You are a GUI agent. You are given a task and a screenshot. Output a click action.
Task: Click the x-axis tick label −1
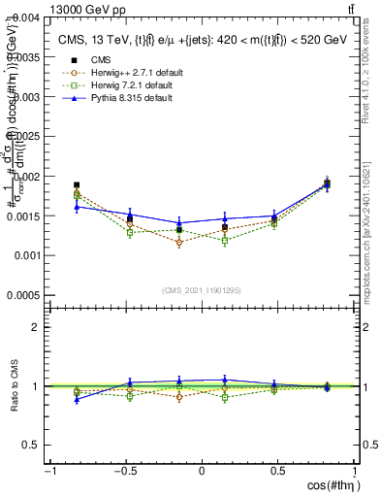pyautogui.click(x=48, y=472)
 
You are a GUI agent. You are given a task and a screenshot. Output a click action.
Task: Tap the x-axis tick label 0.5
pyautogui.click(x=278, y=472)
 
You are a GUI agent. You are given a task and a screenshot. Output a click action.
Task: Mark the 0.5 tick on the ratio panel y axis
pyautogui.click(x=33, y=445)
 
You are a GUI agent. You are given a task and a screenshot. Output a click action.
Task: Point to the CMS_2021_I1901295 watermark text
pyautogui.click(x=202, y=290)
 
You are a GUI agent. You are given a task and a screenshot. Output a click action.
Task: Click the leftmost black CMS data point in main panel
pyautogui.click(x=77, y=184)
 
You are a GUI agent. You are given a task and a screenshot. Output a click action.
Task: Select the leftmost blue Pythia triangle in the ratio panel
pyautogui.click(x=77, y=399)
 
